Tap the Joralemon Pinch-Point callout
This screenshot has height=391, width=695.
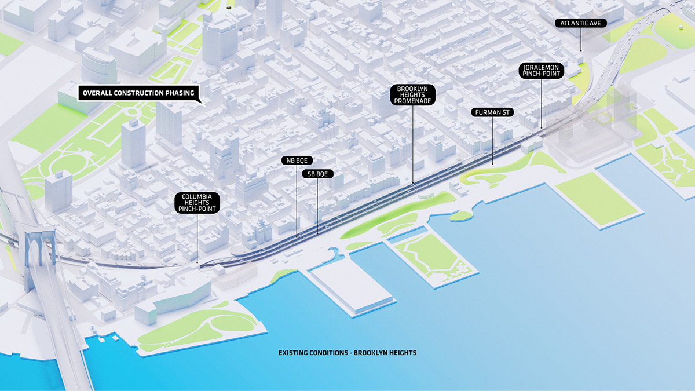point(542,71)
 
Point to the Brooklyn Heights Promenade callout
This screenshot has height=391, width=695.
point(412,95)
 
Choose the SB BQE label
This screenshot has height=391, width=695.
point(317,173)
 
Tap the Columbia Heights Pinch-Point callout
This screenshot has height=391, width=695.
point(197,203)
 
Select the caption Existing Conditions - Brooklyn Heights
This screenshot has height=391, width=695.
point(348,352)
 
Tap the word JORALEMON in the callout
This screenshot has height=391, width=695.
point(542,67)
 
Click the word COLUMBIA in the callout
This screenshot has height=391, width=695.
point(197,196)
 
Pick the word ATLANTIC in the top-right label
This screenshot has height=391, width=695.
point(574,23)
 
